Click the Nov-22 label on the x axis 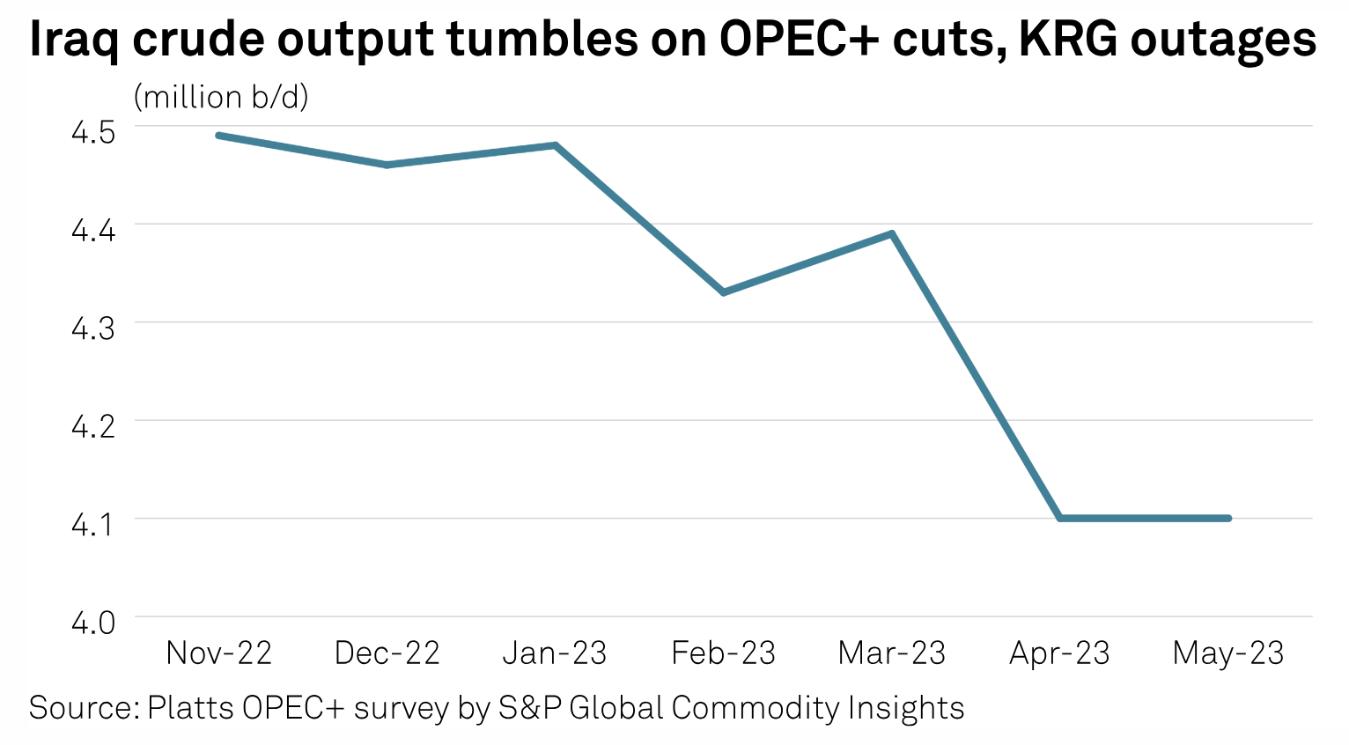(218, 653)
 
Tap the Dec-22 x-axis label (387, 653)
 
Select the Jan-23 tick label (555, 653)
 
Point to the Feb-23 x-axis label (723, 653)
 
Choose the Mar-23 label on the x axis (891, 653)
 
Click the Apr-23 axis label (1059, 653)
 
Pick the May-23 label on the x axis (1228, 653)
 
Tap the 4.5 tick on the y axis (93, 132)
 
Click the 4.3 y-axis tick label (93, 328)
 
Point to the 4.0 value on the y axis (93, 623)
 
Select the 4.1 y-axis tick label (93, 525)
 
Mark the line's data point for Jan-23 (555, 145)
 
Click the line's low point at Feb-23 (723, 292)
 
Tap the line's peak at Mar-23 (892, 233)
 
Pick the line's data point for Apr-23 (1060, 518)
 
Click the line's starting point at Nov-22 (218, 136)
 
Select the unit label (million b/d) (221, 97)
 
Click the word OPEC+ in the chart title (798, 40)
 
